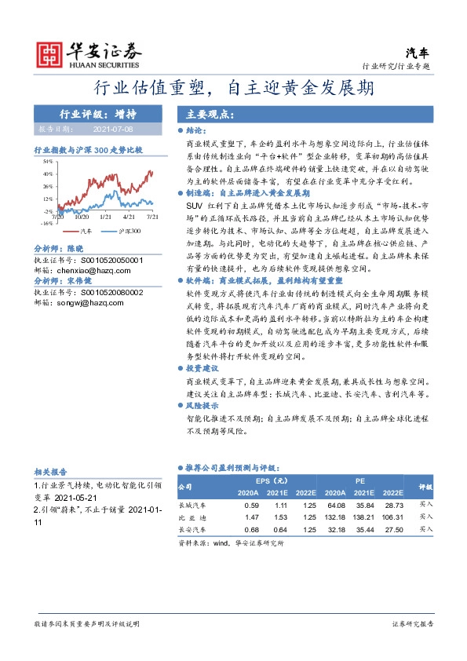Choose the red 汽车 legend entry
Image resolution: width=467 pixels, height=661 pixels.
pos(83,232)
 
